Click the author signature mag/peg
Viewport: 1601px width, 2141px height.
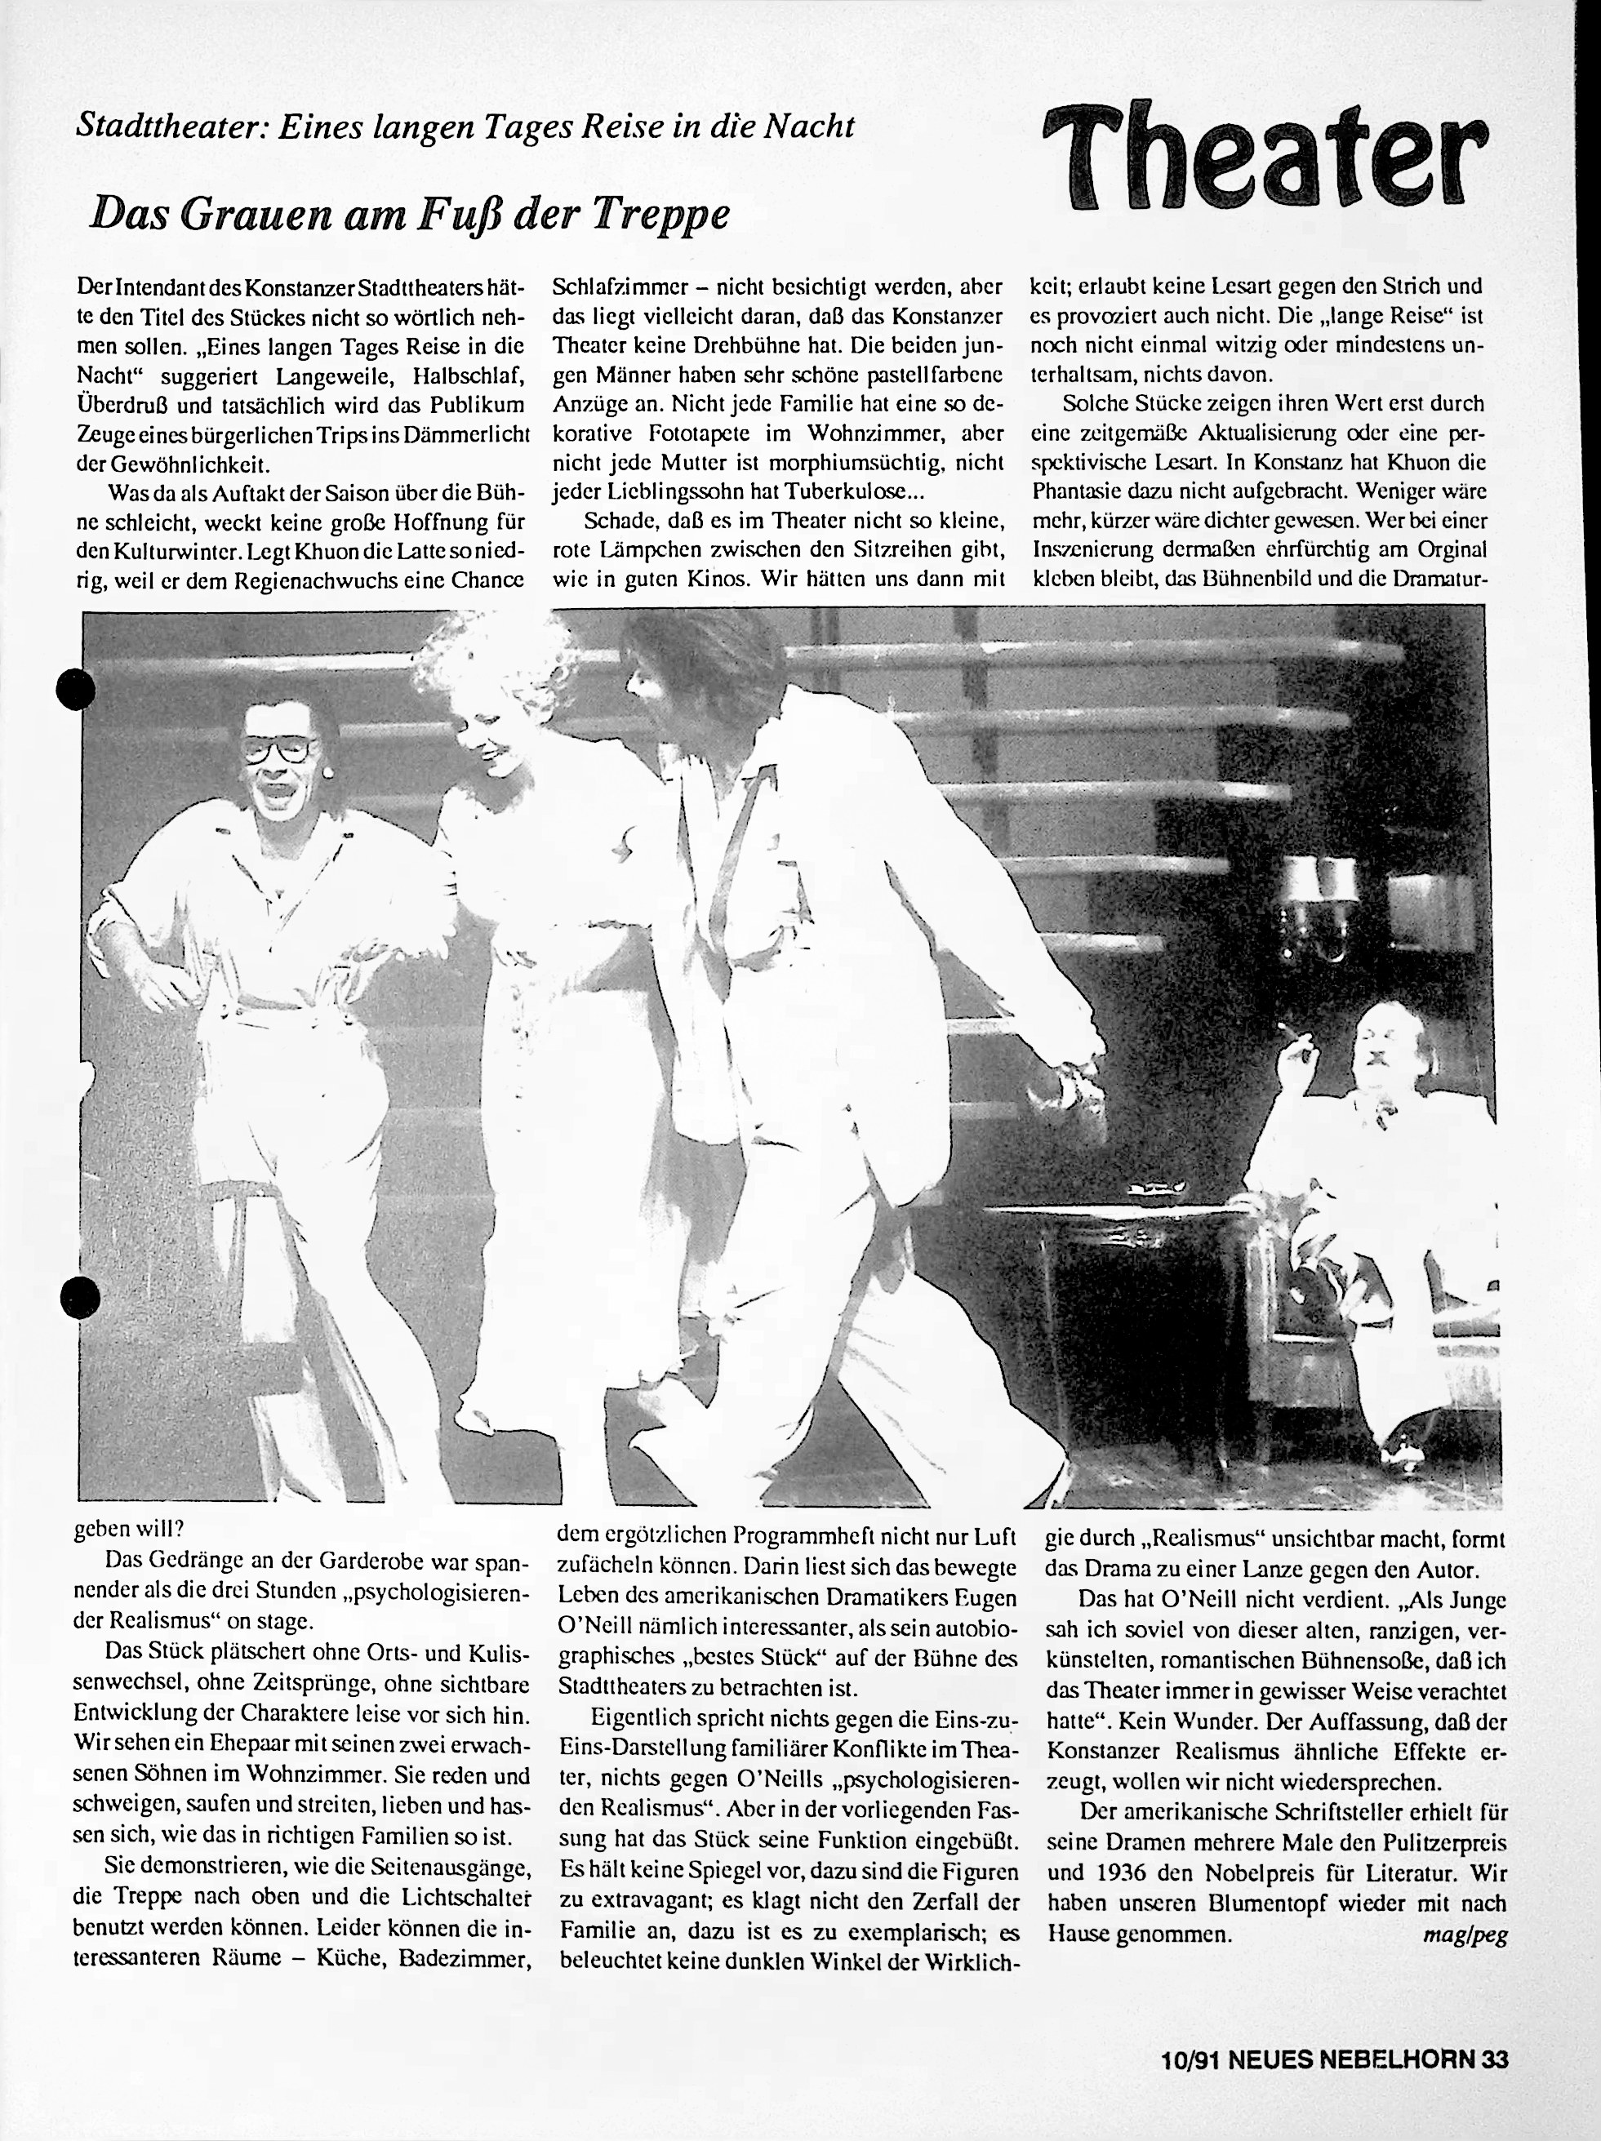[1465, 1936]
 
